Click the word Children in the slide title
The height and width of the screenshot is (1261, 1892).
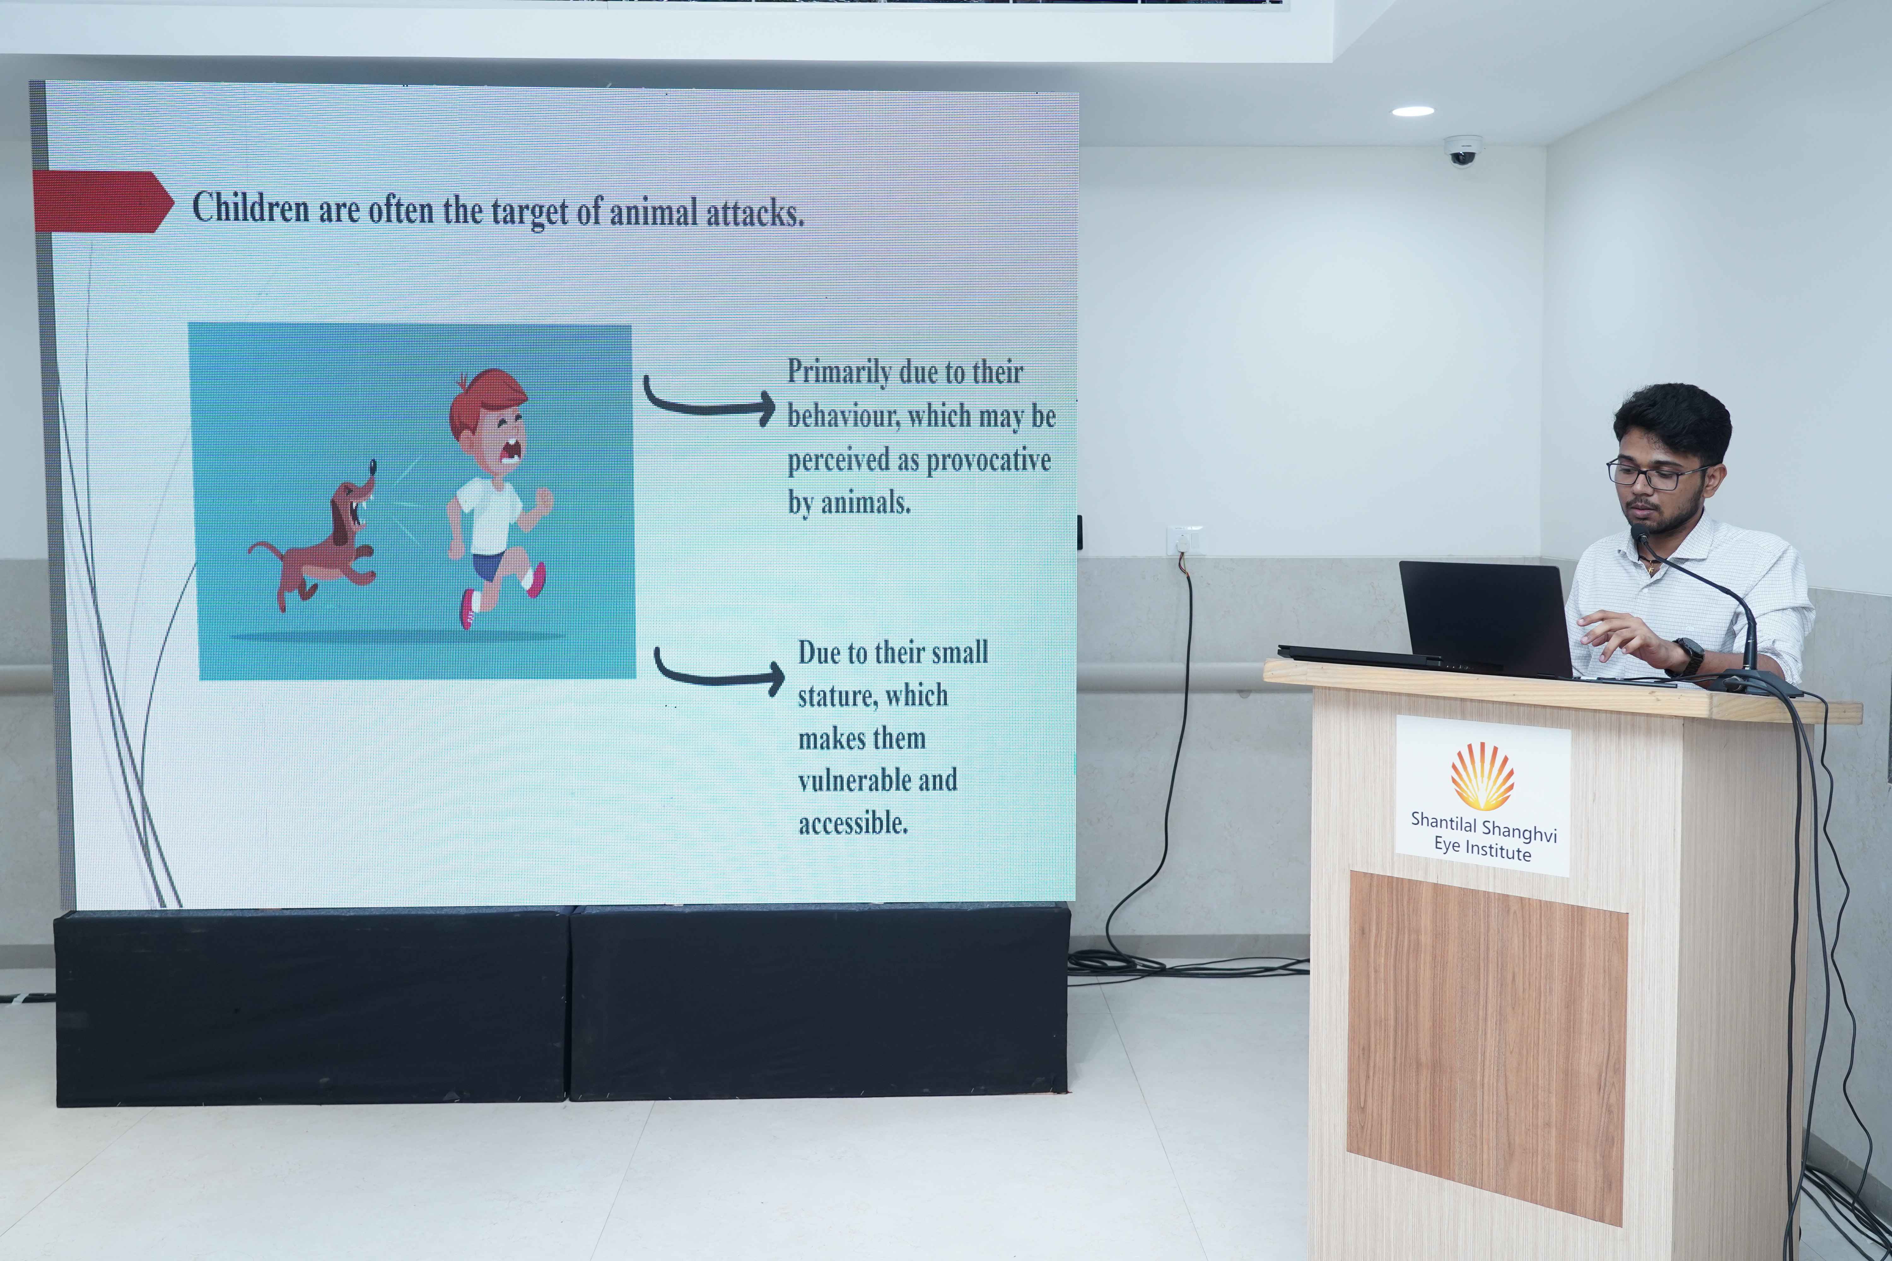coord(250,207)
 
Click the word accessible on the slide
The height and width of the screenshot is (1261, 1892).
coord(853,823)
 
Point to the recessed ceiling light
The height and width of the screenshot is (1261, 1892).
coord(1413,111)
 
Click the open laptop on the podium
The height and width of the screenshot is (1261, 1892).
coord(1448,621)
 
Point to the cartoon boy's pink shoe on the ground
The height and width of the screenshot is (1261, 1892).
coord(467,609)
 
